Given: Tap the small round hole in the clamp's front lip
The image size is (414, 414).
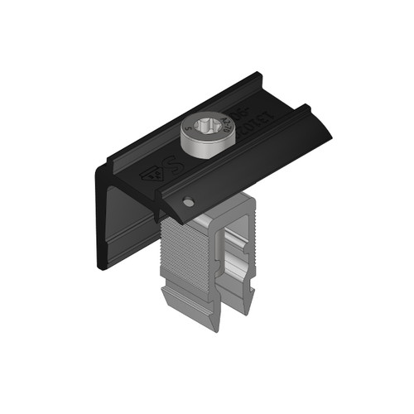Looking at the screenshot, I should pyautogui.click(x=190, y=200).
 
